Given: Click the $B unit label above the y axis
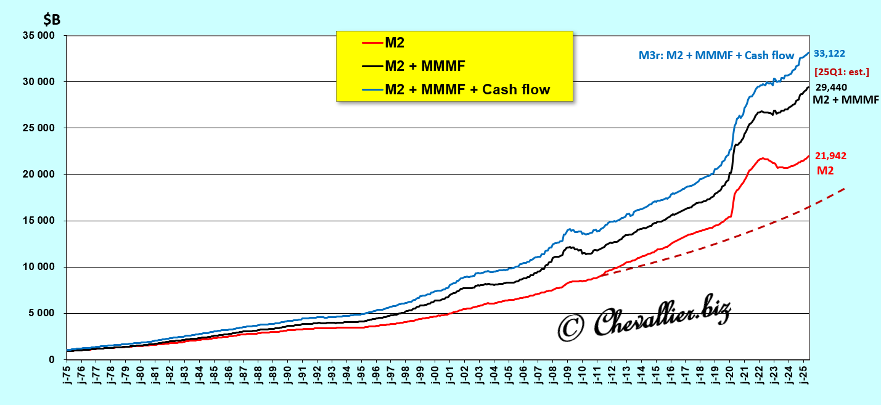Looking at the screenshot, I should [52, 19].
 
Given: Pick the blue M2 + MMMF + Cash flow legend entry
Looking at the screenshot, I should [467, 89].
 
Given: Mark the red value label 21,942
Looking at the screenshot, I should [830, 156].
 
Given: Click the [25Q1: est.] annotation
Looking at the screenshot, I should [842, 72].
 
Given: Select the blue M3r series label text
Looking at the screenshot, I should [716, 55].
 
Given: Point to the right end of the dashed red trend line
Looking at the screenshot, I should [843, 189].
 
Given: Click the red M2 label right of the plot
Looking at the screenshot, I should [825, 170].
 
